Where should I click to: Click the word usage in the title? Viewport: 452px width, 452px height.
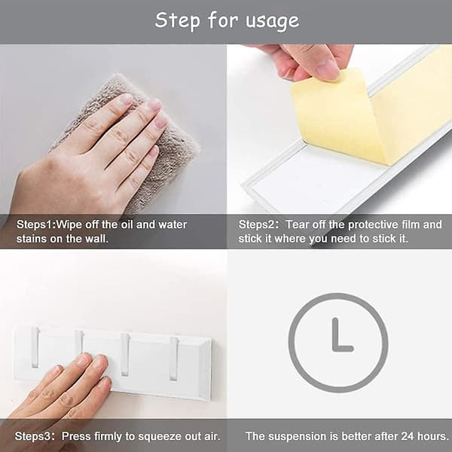tap(273, 21)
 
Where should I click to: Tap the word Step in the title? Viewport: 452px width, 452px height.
tap(178, 20)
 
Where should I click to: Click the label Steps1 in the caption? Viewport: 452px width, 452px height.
tap(35, 224)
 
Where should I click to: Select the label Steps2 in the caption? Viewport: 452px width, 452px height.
tap(257, 224)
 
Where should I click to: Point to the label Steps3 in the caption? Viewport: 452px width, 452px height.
tap(32, 436)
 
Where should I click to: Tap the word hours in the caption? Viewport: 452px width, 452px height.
tap(432, 436)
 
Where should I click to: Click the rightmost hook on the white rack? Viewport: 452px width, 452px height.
tap(173, 359)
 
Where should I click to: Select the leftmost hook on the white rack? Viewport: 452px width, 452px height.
tap(35, 347)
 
